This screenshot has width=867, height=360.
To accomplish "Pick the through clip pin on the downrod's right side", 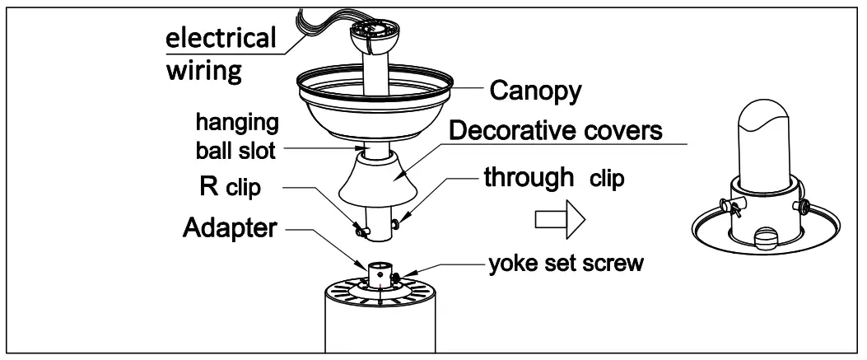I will pos(399,222).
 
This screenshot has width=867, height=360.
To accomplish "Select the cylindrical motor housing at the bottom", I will pos(380,325).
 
